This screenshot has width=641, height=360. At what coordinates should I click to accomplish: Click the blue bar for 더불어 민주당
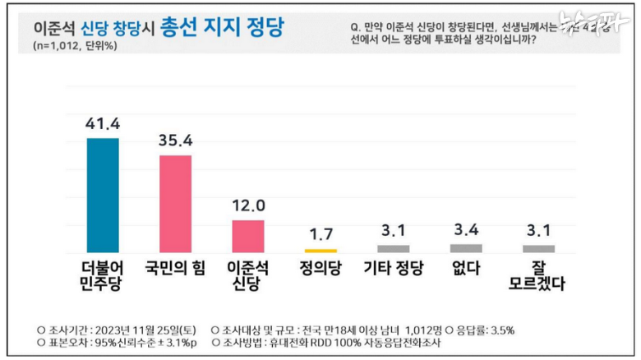click(103, 194)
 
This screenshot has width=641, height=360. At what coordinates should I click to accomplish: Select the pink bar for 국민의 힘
click(174, 203)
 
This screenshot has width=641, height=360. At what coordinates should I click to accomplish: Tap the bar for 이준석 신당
click(247, 235)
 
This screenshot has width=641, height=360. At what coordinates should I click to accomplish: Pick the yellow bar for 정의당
click(320, 250)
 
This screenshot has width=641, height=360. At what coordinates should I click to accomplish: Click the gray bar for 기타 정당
click(393, 248)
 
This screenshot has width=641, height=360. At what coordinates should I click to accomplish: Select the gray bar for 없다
click(466, 247)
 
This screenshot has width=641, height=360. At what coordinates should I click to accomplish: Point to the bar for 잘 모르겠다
click(538, 248)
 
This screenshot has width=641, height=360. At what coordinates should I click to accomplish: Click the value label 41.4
click(103, 124)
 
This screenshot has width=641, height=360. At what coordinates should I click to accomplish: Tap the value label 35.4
click(175, 141)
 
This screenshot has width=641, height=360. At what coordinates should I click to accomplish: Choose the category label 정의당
click(320, 267)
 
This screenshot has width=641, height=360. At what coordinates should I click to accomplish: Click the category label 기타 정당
click(393, 267)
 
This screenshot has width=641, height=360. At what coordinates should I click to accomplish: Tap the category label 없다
click(466, 267)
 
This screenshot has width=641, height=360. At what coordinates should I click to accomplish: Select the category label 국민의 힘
click(175, 267)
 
